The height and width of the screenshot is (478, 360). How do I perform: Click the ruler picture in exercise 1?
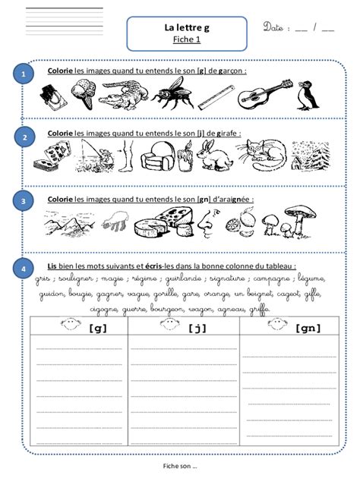tap(214, 96)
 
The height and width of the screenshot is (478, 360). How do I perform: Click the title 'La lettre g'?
tap(186, 27)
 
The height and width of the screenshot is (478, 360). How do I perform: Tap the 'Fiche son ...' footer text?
tap(180, 465)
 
